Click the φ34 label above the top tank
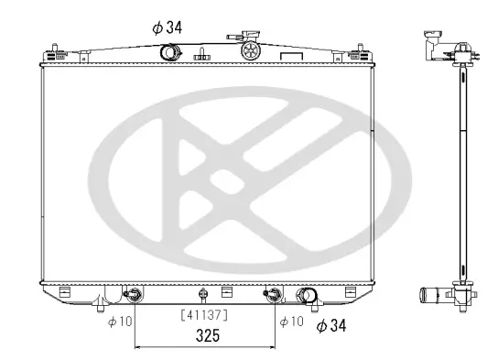[x=168, y=27]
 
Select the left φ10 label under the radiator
[x=119, y=321]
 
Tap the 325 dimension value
[x=207, y=337]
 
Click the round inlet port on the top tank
[x=169, y=52]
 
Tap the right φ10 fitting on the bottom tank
[x=272, y=295]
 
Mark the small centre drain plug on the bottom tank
[x=203, y=295]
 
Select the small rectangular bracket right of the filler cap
[x=290, y=56]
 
